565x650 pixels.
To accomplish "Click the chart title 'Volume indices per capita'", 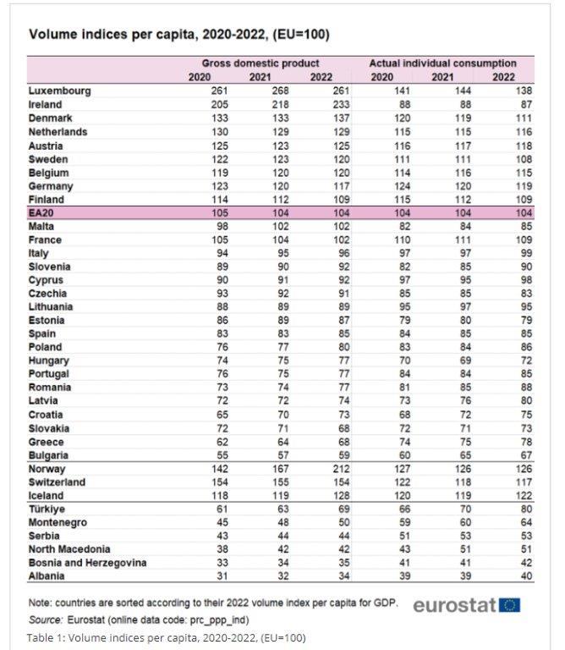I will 178,35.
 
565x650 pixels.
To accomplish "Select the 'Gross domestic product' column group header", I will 260,63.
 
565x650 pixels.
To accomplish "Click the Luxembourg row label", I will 59,91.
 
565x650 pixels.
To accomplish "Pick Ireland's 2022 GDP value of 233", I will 322,104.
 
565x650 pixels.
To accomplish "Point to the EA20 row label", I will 43,212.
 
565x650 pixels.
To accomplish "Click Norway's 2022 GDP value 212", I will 322,468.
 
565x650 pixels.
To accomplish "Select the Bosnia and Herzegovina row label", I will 88,562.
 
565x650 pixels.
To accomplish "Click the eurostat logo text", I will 454,605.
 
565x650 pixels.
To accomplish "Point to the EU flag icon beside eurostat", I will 510,605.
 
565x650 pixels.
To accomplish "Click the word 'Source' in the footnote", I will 46,620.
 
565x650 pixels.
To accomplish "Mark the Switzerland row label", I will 57,482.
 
